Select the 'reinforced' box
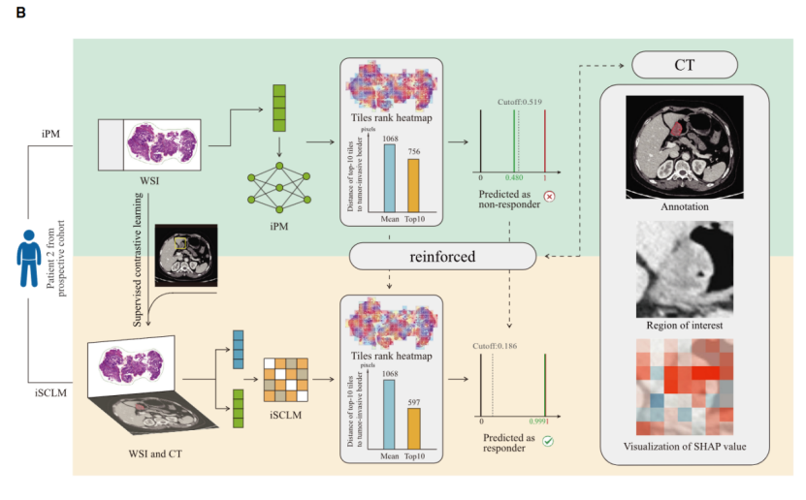[x=441, y=256]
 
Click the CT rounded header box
[x=685, y=67]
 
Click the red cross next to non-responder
[x=549, y=194]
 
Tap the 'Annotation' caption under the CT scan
[x=685, y=206]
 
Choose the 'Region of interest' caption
[x=685, y=326]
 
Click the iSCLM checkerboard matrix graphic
[x=287, y=380]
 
